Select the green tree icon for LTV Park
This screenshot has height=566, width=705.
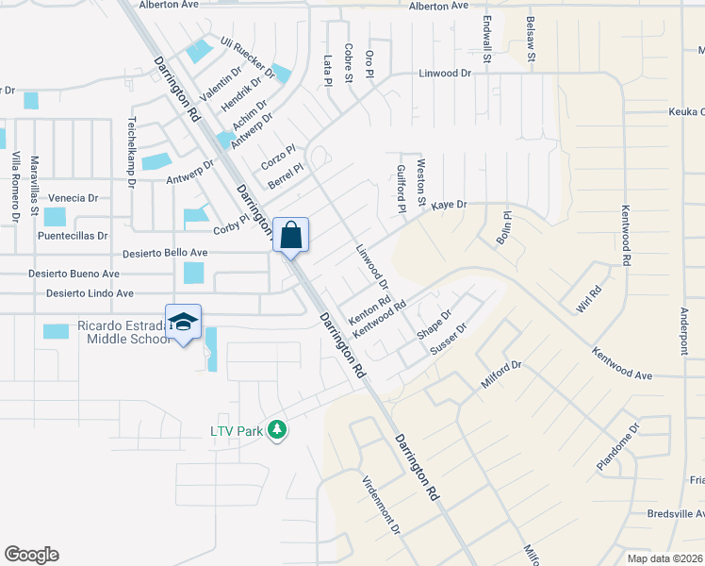(x=276, y=430)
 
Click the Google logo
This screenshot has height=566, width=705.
(x=31, y=555)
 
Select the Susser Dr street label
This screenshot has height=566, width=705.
(x=449, y=341)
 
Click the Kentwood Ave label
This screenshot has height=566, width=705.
(x=622, y=364)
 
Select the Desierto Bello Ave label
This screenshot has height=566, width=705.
(x=167, y=253)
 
